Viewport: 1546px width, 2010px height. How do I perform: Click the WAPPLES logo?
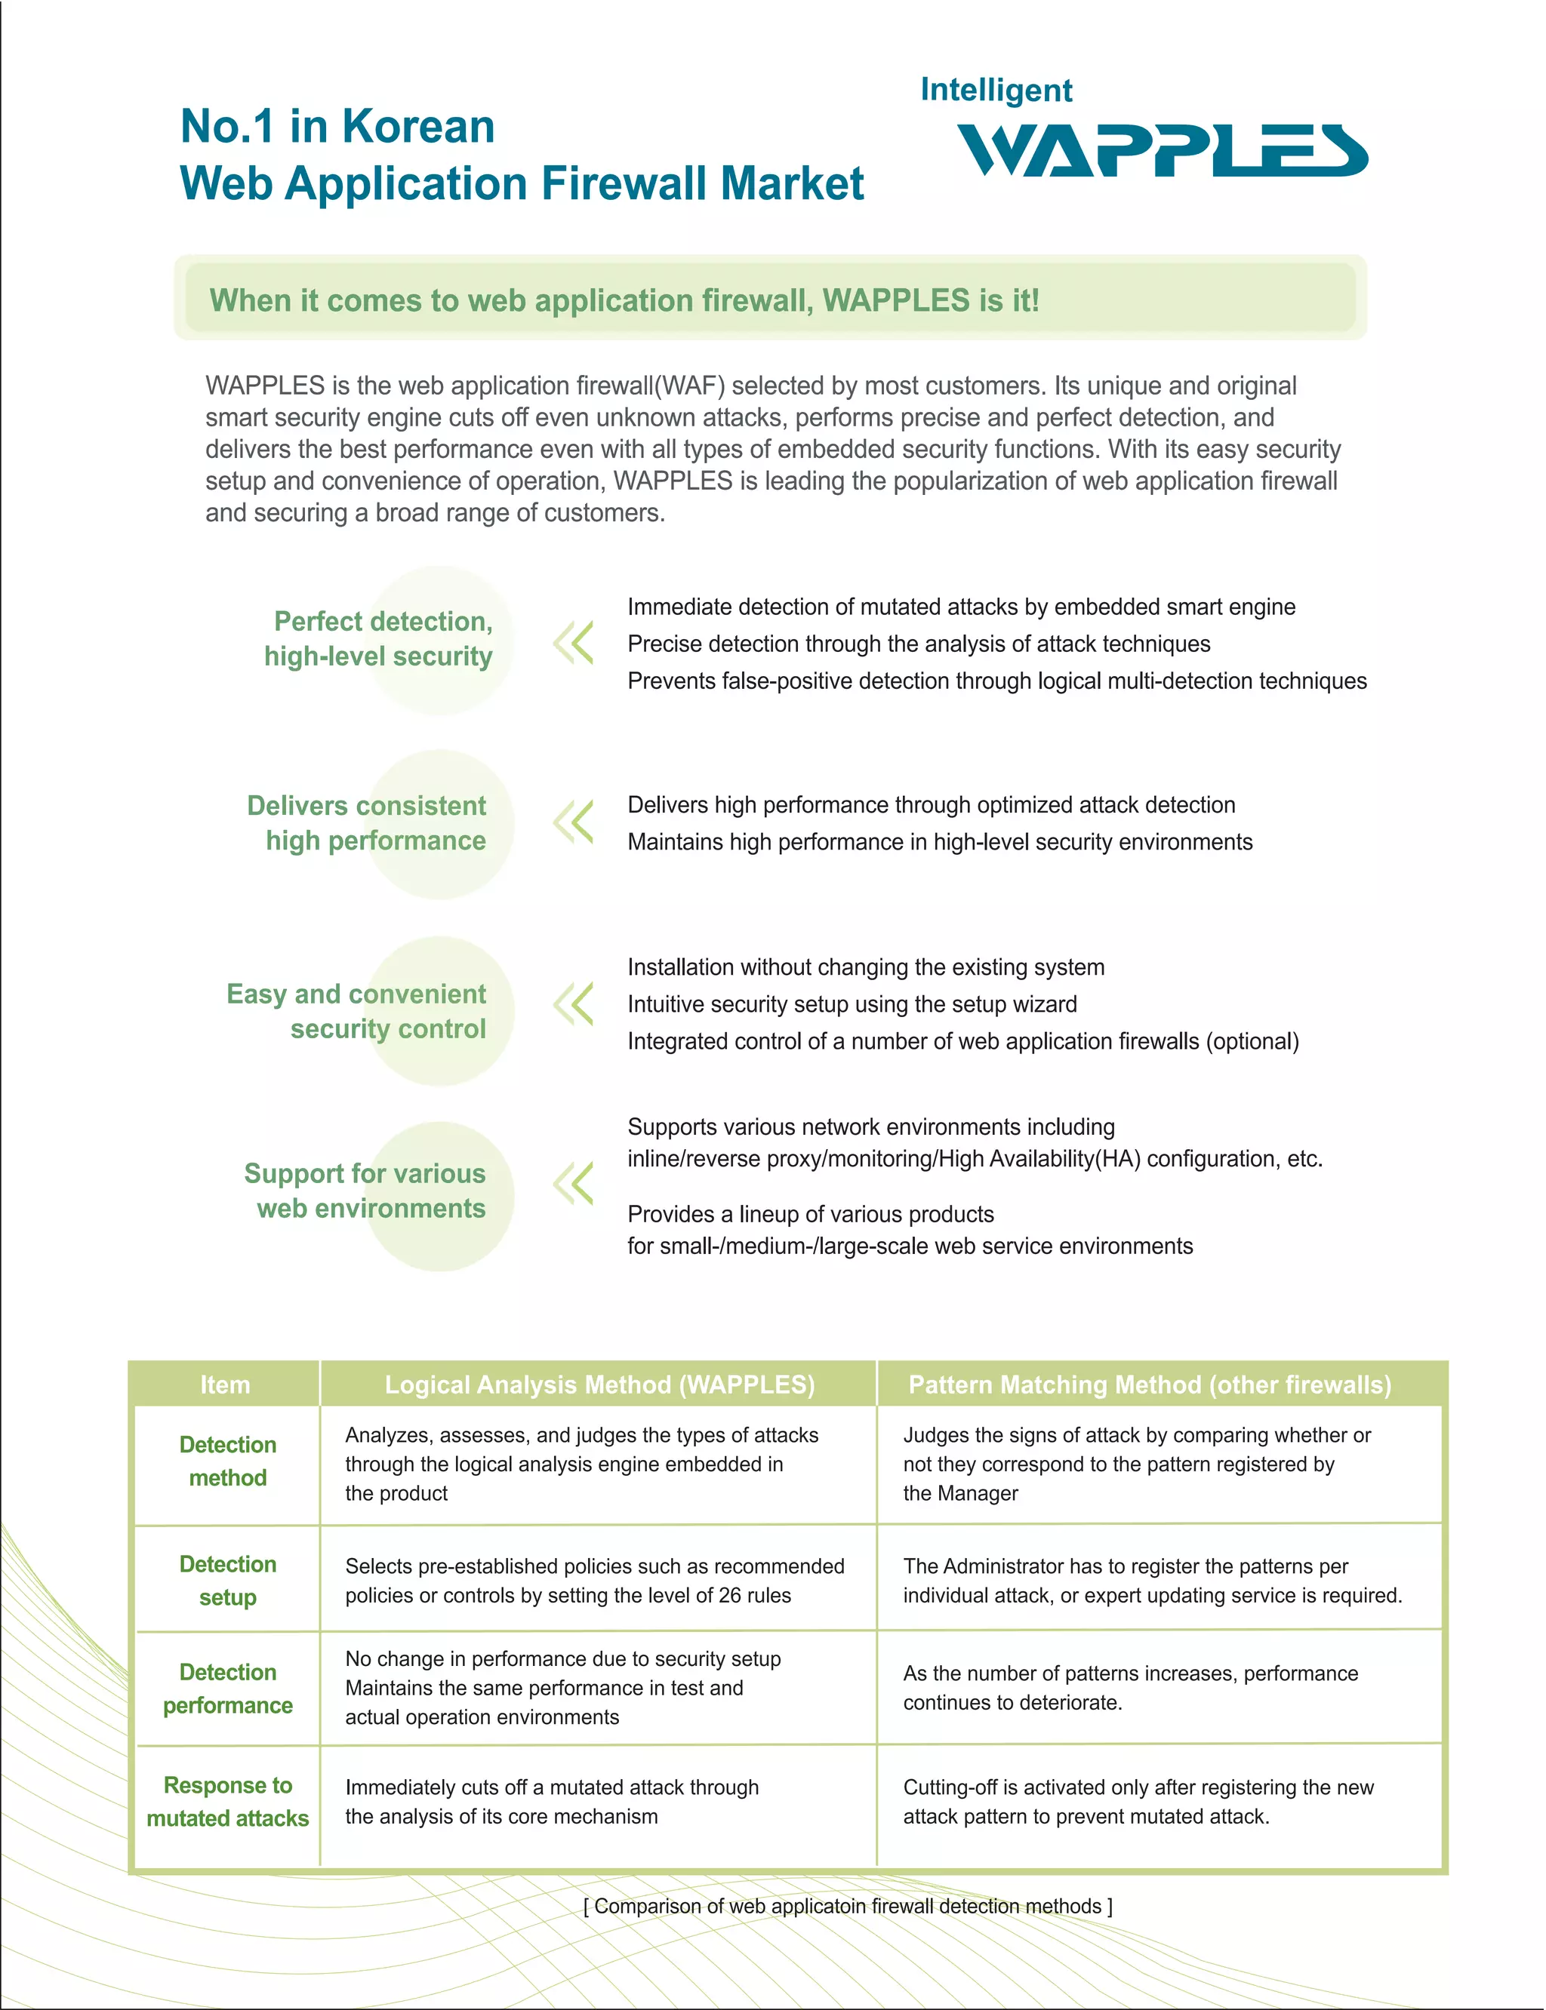tap(1163, 150)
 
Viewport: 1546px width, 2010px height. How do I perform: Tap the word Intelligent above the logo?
tap(996, 90)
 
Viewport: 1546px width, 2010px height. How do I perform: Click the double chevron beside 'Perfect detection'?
tap(573, 643)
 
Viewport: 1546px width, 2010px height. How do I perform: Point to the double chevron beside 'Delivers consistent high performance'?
tap(573, 822)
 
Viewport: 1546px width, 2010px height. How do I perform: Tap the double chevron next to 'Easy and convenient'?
tap(573, 1003)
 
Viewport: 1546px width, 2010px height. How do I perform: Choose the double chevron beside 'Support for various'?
tap(573, 1183)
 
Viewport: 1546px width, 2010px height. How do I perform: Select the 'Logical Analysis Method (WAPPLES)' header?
tap(599, 1385)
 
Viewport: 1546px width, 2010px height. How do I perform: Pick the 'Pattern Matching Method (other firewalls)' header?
tap(1150, 1385)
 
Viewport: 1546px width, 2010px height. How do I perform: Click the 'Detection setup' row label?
tap(227, 1581)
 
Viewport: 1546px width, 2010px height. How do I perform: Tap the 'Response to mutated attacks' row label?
tap(227, 1801)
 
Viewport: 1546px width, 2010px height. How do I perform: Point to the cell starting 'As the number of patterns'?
tap(1130, 1687)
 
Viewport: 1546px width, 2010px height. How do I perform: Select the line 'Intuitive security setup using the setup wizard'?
tap(852, 1003)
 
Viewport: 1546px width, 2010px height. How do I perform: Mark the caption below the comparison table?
tap(848, 1906)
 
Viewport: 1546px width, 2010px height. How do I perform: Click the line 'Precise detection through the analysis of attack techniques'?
tap(919, 644)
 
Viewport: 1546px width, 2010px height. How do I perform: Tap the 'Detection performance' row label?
tap(227, 1688)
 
